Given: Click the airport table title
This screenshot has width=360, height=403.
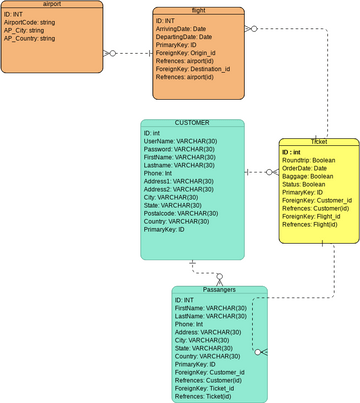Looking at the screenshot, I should point(52,5).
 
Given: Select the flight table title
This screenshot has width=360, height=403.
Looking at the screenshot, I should point(199,9).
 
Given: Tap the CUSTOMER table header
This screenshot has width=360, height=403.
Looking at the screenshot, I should point(192,123).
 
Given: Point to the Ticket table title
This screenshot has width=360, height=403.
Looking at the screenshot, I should point(318,143).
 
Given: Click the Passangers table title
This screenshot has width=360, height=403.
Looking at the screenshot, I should point(219,289).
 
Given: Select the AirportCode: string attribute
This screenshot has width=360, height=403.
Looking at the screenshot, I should point(29,22).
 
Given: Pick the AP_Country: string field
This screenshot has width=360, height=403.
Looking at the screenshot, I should point(30,39).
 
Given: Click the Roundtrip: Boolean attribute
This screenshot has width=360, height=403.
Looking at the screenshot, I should point(309,160).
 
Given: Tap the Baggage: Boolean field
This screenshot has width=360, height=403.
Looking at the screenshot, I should point(308,176).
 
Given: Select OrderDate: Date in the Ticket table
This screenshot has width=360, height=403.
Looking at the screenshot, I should point(306,168).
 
